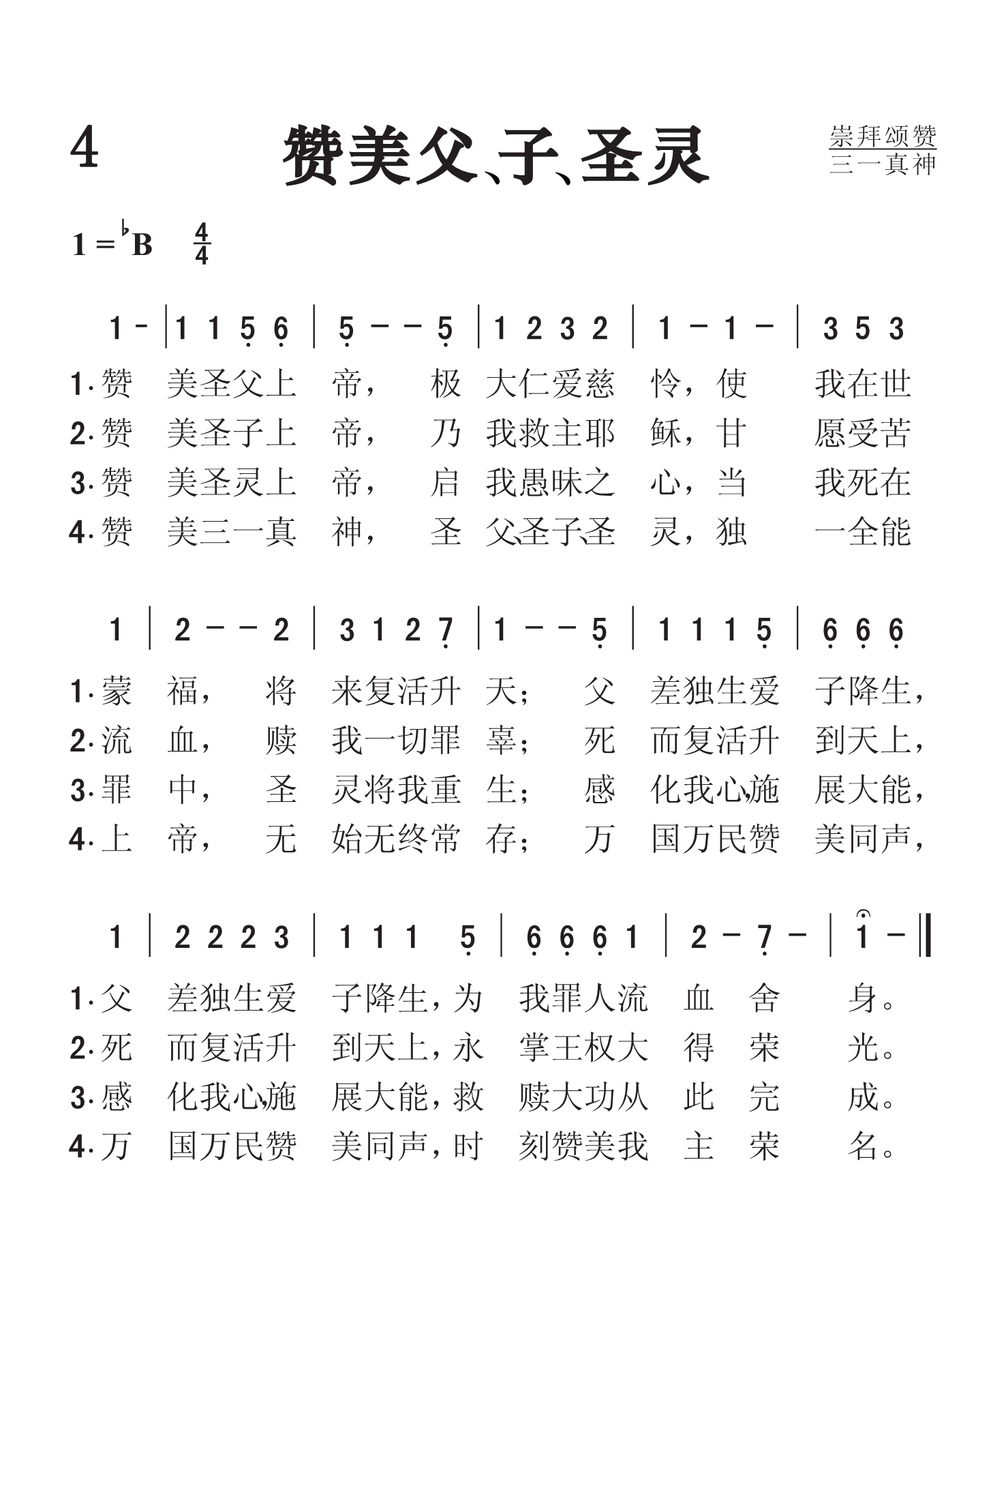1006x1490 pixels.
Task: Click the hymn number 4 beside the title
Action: [x=85, y=148]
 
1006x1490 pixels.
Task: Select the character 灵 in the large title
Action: [x=677, y=156]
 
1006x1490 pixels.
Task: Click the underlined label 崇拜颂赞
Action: [x=883, y=136]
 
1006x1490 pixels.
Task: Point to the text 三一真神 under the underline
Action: [x=883, y=164]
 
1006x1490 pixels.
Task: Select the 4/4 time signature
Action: [x=202, y=244]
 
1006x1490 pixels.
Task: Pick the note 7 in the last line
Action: [x=765, y=939]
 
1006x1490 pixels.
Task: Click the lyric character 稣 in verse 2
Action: [x=666, y=434]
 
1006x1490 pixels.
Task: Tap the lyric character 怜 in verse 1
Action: [x=666, y=384]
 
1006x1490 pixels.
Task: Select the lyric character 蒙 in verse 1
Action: [x=117, y=691]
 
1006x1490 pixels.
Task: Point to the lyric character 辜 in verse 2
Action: [x=501, y=741]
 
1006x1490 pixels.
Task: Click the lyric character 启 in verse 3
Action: [x=446, y=483]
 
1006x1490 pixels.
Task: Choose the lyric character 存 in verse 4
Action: [x=501, y=839]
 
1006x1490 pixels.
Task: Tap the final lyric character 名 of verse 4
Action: [x=863, y=1147]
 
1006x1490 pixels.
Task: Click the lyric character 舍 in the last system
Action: [x=764, y=999]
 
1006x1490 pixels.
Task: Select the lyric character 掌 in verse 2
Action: [x=534, y=1048]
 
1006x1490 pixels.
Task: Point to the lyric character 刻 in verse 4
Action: [x=534, y=1147]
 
